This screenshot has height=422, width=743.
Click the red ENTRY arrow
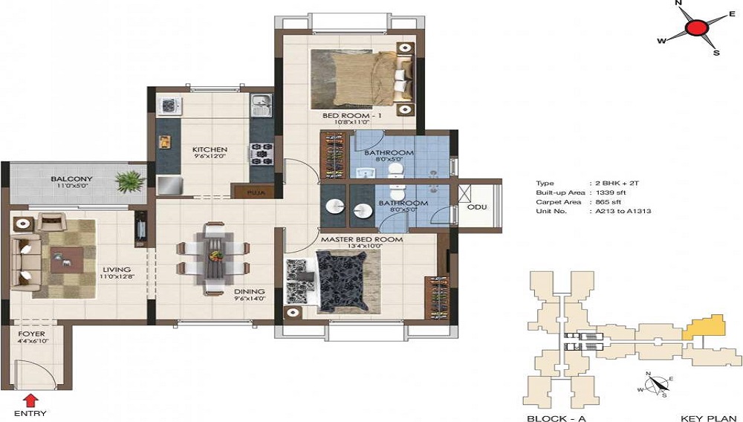(30, 401)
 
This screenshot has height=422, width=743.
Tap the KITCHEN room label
(210, 149)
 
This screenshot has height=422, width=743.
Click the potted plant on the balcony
(131, 181)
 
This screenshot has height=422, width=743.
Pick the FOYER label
(31, 334)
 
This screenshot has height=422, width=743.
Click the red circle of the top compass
(696, 29)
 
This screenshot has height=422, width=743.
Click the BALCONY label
(71, 179)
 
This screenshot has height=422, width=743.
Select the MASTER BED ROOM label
(362, 239)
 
